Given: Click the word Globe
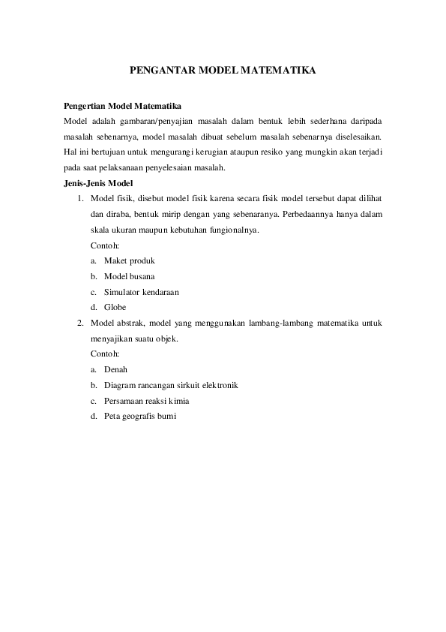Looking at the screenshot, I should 115,307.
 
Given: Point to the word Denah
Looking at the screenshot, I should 116,369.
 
